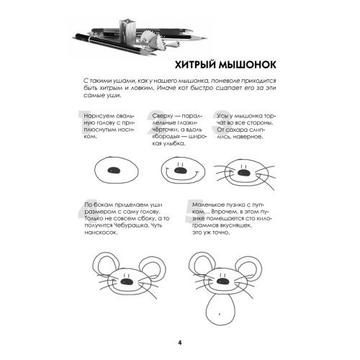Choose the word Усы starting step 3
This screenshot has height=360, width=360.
point(222,115)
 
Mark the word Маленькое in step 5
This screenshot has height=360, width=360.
point(210,205)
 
